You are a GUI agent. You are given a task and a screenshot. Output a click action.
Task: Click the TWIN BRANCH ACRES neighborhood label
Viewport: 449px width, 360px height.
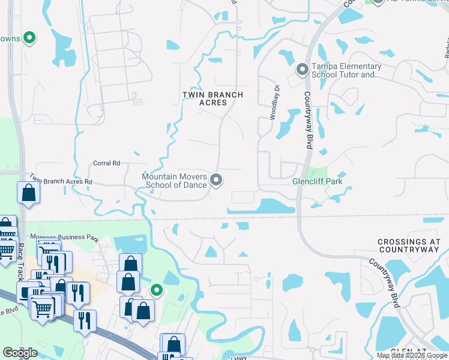pyautogui.click(x=213, y=98)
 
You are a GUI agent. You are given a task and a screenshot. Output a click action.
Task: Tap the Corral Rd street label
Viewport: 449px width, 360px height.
pyautogui.click(x=106, y=163)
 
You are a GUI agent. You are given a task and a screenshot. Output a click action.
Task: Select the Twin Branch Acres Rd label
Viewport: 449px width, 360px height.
pyautogui.click(x=61, y=181)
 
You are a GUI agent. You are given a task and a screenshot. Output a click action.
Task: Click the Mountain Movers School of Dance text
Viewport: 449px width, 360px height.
pyautogui.click(x=174, y=181)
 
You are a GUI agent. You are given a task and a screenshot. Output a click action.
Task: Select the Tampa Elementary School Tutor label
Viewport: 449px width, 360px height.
pyautogui.click(x=346, y=71)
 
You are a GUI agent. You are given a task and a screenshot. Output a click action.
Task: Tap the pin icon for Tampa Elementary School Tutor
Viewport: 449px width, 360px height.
pyautogui.click(x=302, y=71)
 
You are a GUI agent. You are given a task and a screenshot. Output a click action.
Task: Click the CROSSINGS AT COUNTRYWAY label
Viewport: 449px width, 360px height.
pyautogui.click(x=409, y=245)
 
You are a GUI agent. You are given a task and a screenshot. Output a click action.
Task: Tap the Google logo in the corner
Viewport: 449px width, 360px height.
pyautogui.click(x=20, y=353)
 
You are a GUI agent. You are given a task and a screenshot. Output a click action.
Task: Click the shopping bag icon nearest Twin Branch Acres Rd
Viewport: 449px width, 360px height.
pyautogui.click(x=28, y=193)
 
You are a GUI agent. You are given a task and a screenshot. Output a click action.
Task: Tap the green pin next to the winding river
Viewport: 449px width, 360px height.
pyautogui.click(x=157, y=290)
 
